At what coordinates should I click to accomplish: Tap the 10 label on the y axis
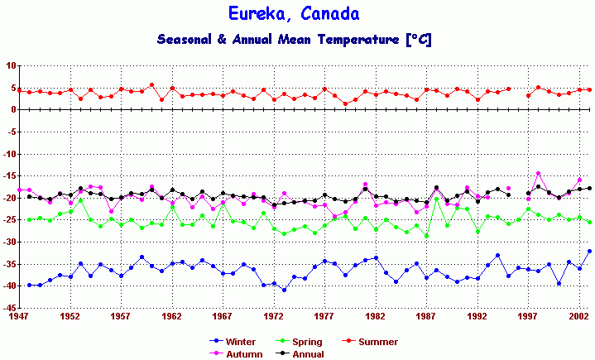click(9, 65)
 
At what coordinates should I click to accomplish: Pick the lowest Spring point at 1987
click(427, 236)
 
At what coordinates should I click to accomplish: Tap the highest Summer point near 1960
click(151, 84)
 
